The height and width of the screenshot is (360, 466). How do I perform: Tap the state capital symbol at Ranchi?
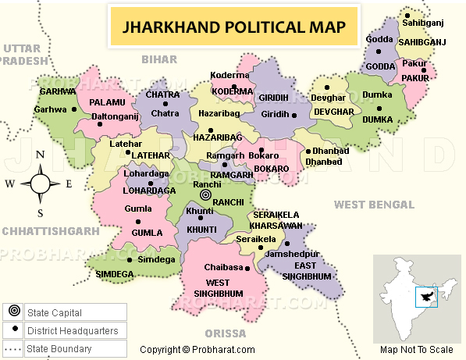(x=206, y=195)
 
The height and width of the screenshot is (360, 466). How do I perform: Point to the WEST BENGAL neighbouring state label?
(x=373, y=205)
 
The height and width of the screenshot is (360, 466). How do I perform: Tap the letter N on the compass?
(x=39, y=155)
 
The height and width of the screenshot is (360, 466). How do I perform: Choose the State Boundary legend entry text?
(x=59, y=349)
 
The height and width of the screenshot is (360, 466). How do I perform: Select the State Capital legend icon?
(x=14, y=313)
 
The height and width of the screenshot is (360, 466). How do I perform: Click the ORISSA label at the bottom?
(x=225, y=332)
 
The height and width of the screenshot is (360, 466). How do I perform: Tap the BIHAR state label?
(x=159, y=59)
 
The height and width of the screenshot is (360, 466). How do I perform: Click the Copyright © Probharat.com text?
(x=197, y=350)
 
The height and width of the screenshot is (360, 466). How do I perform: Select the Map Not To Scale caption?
(x=416, y=349)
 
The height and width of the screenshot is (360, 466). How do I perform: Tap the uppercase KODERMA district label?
(x=233, y=91)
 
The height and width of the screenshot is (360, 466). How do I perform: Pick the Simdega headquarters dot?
(x=130, y=258)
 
